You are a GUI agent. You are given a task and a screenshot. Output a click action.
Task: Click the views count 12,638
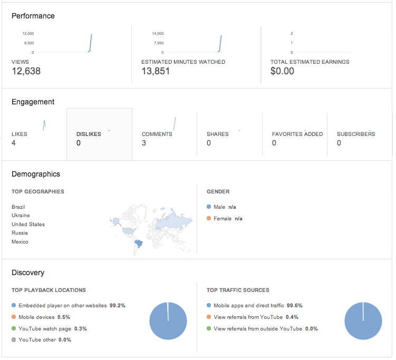[x=26, y=71]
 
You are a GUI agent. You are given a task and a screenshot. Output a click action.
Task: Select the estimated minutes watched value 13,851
[x=156, y=71]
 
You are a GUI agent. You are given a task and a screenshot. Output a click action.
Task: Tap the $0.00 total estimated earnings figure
[x=282, y=71]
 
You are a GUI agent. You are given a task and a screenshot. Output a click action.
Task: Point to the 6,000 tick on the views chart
[x=29, y=43]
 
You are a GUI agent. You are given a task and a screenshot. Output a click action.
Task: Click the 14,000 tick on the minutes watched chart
[x=158, y=33]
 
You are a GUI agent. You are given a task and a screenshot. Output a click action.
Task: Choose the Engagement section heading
[x=33, y=102]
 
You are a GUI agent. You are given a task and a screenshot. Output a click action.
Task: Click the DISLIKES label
[x=89, y=134]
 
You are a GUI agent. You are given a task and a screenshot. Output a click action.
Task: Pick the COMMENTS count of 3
[x=144, y=143]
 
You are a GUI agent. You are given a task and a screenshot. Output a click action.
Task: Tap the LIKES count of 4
[x=14, y=143]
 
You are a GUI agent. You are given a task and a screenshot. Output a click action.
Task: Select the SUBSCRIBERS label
[x=356, y=134]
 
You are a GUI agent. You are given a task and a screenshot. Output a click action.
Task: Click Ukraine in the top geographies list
[x=21, y=216]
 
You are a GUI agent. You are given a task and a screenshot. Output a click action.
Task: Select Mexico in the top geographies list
[x=20, y=241]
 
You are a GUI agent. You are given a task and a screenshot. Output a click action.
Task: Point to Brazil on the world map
[x=138, y=244]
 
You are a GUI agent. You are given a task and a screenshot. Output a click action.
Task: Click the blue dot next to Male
[x=209, y=207]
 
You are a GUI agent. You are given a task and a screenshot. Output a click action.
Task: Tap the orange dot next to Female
[x=209, y=218]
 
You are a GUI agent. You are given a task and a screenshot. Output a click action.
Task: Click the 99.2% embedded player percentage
[x=118, y=306]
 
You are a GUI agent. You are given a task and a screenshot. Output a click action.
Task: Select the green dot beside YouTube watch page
[x=14, y=328]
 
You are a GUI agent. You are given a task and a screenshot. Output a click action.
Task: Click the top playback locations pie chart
[x=168, y=321]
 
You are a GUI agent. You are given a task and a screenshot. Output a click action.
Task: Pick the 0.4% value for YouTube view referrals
[x=292, y=317]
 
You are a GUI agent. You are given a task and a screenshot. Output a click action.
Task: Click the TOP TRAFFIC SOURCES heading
[x=238, y=290]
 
